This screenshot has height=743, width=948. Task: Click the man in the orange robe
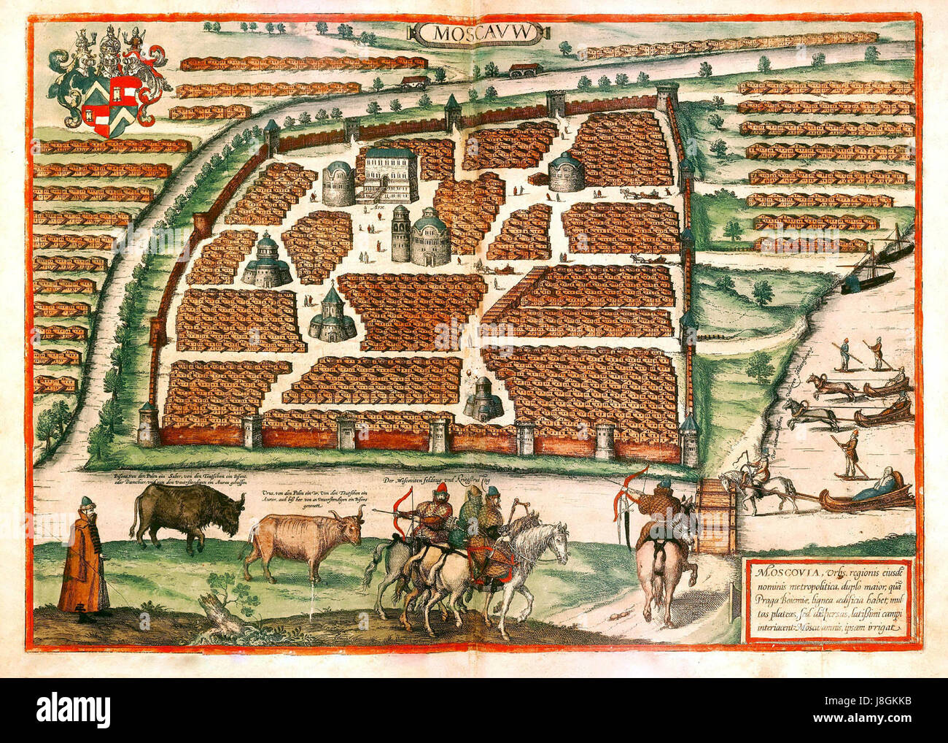pos(82,558)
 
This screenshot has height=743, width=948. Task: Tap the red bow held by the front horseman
pos(404,511)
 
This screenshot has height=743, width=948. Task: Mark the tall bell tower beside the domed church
pos(400,234)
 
